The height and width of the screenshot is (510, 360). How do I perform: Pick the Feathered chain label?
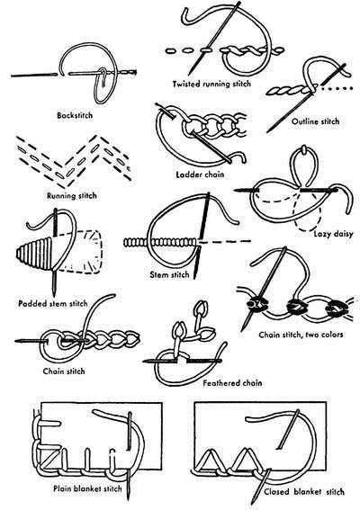197,381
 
